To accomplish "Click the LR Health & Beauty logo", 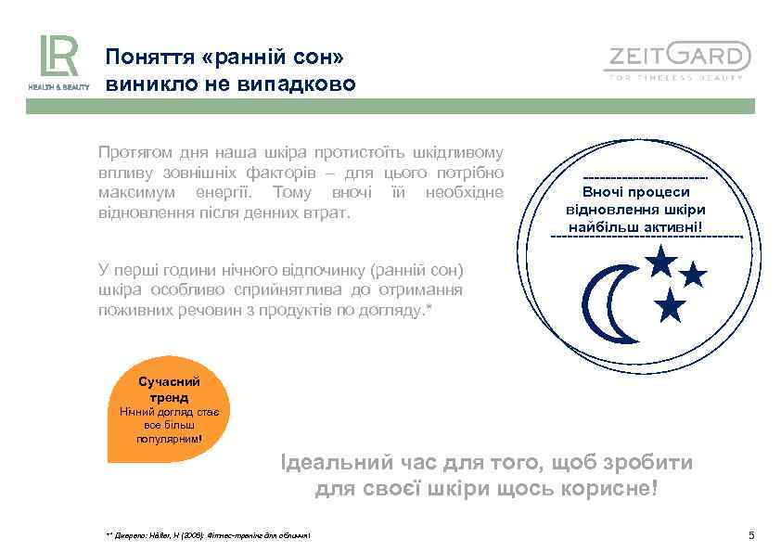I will click(58, 61).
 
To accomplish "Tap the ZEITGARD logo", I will click(677, 58).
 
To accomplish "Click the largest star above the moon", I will click(660, 261).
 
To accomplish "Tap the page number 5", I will click(751, 535).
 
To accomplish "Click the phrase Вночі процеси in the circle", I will click(647, 192).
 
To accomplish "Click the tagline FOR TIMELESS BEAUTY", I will click(676, 78).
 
